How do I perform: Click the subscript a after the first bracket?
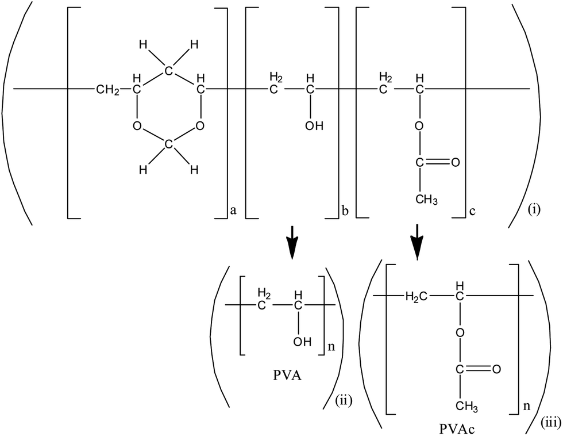pos(233,211)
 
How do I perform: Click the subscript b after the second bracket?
pos(344,211)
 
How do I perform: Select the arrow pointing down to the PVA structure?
pos(293,242)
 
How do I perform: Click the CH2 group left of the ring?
pos(108,89)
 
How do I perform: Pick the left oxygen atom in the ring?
pos(136,126)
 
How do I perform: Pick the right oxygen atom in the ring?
pos(198,126)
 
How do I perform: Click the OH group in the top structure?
pos(314,126)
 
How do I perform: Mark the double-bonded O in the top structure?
pos(456,163)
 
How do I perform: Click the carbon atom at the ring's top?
pos(167,71)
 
